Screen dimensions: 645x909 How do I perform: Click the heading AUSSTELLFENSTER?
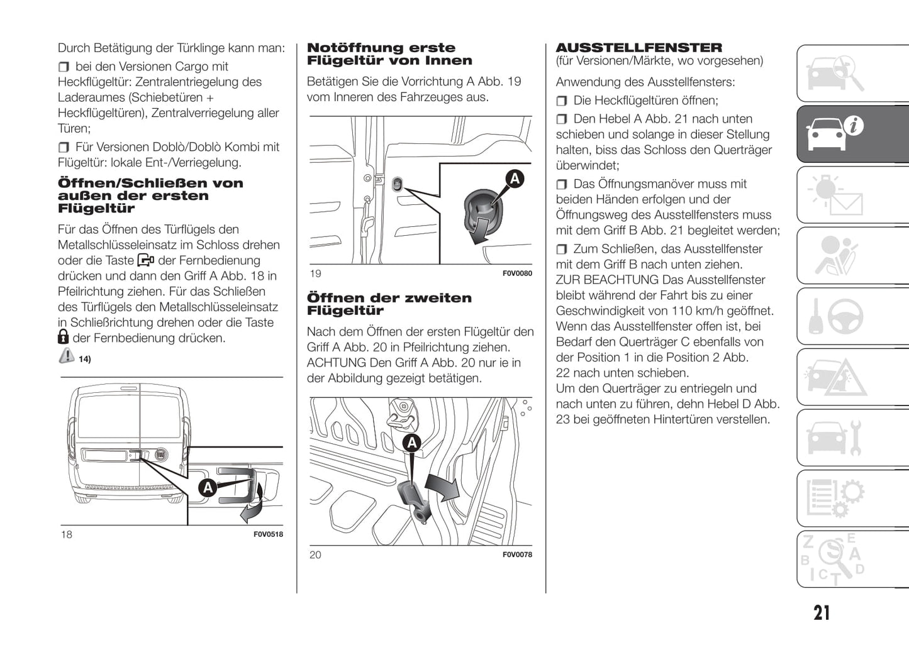point(639,48)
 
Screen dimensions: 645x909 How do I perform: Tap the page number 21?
point(822,613)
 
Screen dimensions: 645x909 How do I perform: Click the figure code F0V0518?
point(268,534)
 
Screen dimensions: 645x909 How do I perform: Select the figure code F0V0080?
point(517,273)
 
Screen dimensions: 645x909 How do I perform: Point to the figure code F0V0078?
point(517,554)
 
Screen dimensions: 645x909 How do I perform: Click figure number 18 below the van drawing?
point(66,534)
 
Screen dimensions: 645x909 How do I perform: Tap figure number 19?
point(315,273)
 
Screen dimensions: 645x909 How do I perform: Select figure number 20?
point(315,554)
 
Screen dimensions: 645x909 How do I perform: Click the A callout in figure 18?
point(207,487)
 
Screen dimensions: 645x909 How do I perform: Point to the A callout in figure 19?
point(515,179)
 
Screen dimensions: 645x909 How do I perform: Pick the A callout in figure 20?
point(412,443)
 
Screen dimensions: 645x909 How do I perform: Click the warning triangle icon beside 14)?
point(66,356)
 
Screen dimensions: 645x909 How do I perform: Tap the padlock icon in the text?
point(63,338)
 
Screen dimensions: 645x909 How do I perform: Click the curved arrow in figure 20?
point(442,487)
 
